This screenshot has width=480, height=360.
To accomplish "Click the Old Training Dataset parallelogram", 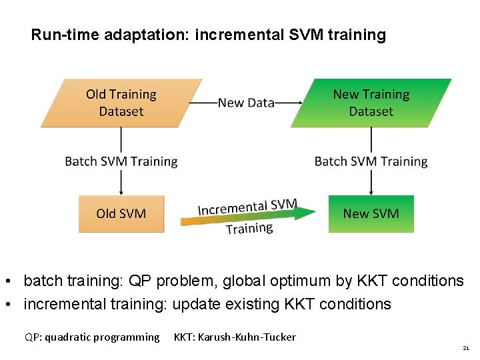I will point(121,103).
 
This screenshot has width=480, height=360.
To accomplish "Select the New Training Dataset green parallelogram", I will point(371,103).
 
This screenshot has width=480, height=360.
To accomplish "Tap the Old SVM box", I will point(121,213).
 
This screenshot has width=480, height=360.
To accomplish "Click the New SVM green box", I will point(371,213).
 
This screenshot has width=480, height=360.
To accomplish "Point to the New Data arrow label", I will point(246,103).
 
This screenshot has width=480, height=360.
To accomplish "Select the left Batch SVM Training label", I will point(121,161).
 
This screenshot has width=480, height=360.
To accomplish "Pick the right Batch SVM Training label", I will point(371,161).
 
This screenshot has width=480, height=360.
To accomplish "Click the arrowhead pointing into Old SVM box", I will point(121,191).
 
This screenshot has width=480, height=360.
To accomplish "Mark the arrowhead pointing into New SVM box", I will point(371,191).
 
